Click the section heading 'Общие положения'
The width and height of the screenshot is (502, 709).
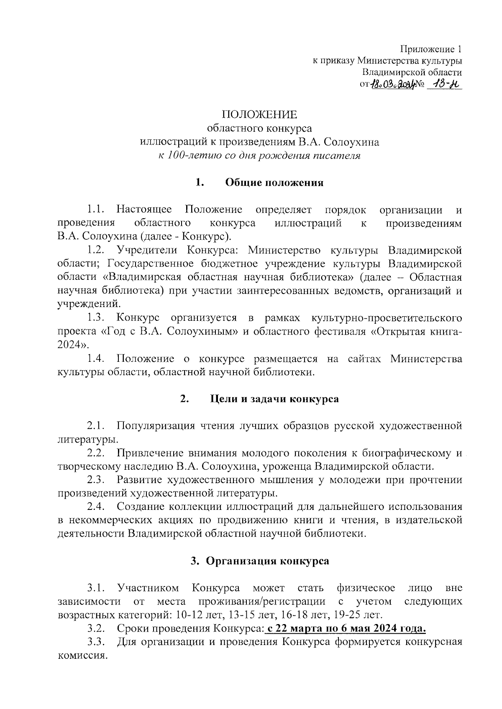[x=274, y=183]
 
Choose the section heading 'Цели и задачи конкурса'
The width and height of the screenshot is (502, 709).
[x=274, y=399]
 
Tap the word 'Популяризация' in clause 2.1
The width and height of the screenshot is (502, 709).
[x=156, y=426]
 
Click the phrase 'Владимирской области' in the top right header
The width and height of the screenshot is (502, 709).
[x=412, y=72]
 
